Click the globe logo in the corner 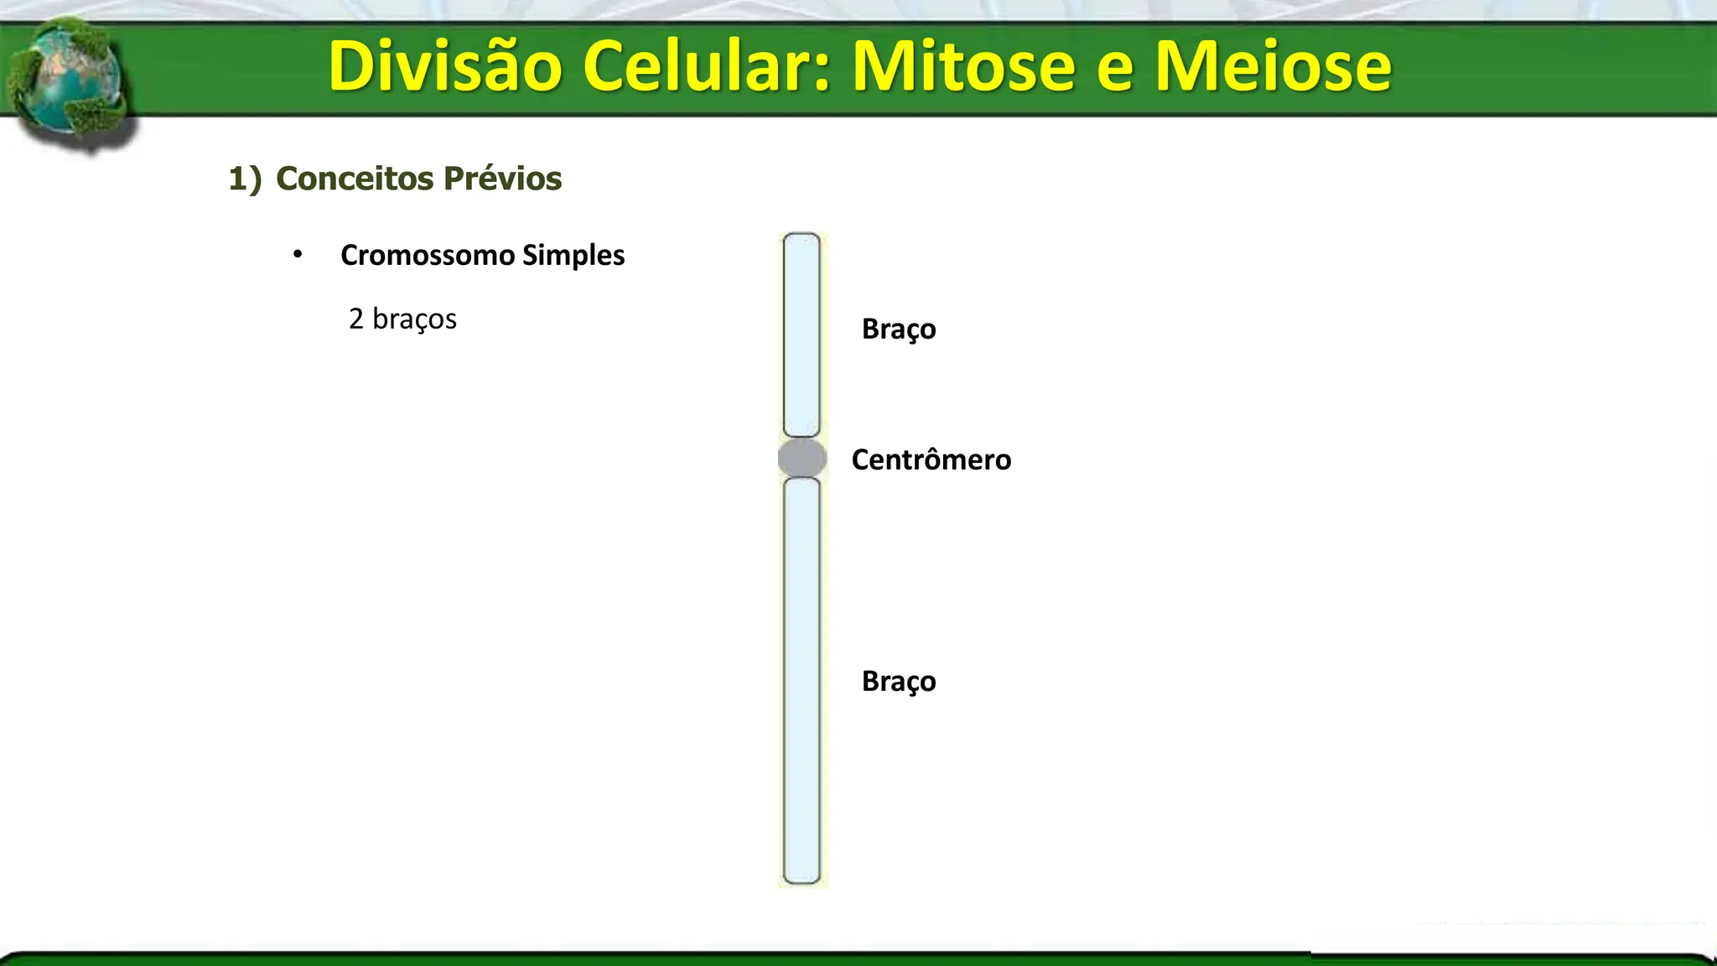point(67,84)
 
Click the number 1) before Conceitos point(245,179)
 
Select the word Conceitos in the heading point(355,179)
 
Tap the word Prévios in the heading point(502,179)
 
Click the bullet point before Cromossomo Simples point(298,254)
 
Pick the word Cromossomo point(428,255)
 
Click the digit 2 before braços point(356,319)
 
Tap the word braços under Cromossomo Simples point(414,319)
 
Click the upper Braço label point(898,329)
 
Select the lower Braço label point(898,681)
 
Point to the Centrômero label point(931,460)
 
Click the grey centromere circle point(802,458)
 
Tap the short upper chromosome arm point(801,335)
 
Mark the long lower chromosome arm point(801,679)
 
